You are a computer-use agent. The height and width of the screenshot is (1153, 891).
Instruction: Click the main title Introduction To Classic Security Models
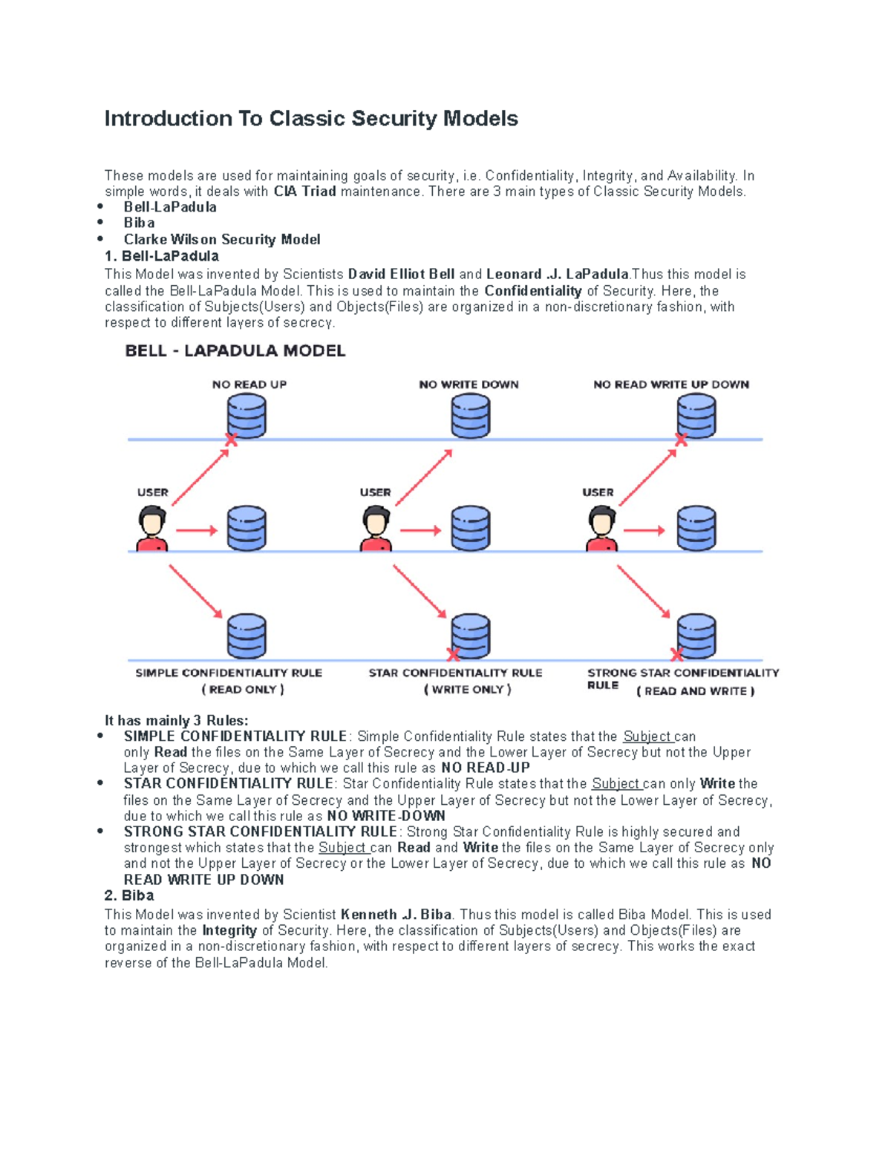point(311,119)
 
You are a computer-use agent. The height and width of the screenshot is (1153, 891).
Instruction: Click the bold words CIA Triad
point(304,192)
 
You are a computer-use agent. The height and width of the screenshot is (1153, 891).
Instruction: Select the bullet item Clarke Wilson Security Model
point(222,239)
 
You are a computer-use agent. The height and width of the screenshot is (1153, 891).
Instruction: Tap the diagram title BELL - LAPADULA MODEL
point(235,351)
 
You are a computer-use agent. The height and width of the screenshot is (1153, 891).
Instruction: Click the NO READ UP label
point(249,385)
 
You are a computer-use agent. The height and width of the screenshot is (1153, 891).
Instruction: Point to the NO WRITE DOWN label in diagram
point(469,385)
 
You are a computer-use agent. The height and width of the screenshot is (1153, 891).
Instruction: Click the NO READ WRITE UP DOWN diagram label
point(671,385)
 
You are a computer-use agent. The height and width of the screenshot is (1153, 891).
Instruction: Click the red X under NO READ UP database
point(231,440)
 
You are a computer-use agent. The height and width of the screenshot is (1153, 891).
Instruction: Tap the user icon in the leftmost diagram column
point(152,529)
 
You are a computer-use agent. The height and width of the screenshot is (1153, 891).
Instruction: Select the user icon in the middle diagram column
point(376,529)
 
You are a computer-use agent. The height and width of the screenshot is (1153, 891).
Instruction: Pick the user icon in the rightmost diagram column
point(601,529)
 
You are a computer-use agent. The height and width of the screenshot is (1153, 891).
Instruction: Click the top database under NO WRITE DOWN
point(471,416)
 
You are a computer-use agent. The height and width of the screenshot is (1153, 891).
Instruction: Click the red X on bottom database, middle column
point(453,654)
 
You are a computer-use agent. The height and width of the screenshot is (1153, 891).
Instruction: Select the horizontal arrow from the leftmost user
point(196,530)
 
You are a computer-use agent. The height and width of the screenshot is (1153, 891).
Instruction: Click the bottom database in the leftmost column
point(247,636)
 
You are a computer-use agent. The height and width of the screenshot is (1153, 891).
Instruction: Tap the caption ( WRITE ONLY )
point(468,690)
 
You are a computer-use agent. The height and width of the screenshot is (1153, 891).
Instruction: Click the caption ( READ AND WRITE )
point(696,691)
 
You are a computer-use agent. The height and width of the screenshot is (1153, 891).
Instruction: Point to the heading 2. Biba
point(129,895)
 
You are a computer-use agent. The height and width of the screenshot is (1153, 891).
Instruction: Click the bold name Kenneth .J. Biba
point(396,915)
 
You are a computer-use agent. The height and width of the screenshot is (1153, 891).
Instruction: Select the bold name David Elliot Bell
point(401,274)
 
